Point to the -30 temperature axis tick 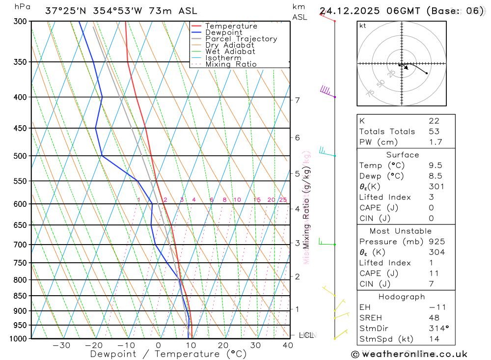[61, 345]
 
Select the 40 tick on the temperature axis [288, 345]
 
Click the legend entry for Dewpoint [223, 32]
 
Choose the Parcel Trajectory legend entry [241, 39]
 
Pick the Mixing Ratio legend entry [231, 64]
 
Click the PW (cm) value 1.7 [436, 142]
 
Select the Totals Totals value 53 [434, 132]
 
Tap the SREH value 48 [434, 318]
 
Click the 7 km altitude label [297, 100]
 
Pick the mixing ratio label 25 [283, 200]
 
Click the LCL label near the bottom [306, 335]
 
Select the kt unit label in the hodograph [362, 26]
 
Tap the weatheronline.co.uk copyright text [409, 354]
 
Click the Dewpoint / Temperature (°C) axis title [168, 354]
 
